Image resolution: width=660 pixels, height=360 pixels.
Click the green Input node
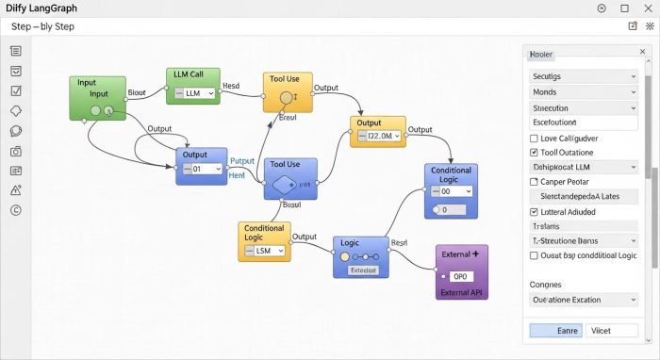(98, 98)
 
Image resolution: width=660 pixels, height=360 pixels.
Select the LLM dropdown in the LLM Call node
(192, 93)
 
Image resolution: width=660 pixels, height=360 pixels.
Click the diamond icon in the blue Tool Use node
(284, 185)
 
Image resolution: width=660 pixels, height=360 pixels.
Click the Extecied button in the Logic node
(362, 270)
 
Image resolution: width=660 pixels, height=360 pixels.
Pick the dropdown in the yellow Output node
(379, 137)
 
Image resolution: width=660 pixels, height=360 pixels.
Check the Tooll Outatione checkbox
(535, 152)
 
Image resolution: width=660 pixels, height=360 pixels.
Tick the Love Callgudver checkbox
(535, 138)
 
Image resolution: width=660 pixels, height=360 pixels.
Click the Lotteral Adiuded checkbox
(535, 212)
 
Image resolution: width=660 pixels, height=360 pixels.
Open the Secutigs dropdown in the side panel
(582, 75)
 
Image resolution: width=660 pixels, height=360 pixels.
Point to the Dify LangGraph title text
(41, 8)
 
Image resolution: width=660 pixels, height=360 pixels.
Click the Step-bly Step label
(42, 26)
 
